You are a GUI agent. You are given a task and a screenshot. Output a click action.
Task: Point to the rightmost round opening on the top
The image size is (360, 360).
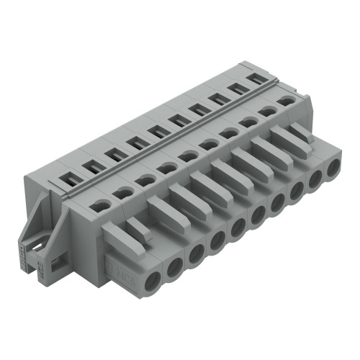pos(287,102)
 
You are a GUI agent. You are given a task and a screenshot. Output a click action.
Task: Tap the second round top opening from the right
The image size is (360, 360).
pos(269,112)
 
